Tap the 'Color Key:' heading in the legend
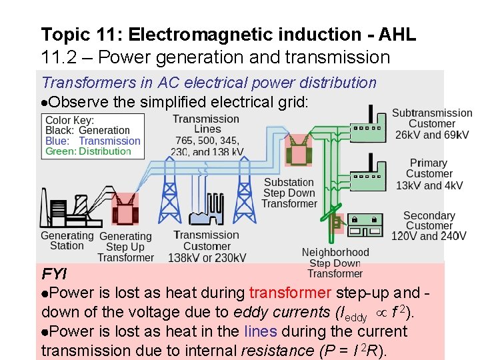(x=70, y=120)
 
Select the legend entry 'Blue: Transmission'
(x=93, y=141)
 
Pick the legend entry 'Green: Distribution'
(x=87, y=151)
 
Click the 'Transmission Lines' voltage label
(x=206, y=135)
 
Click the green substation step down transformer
(x=298, y=151)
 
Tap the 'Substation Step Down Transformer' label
(x=289, y=193)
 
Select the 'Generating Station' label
(x=67, y=241)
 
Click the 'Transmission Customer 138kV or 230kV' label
(x=207, y=246)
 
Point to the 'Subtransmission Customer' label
(x=431, y=124)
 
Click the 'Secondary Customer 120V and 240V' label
(x=429, y=226)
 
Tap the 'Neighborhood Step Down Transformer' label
(x=335, y=263)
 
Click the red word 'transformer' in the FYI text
(x=290, y=293)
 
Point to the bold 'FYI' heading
(x=54, y=274)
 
